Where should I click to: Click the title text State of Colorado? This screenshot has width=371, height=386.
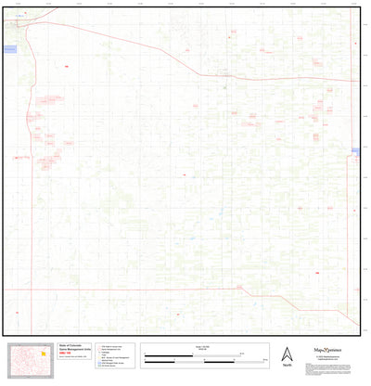click(x=71, y=344)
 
